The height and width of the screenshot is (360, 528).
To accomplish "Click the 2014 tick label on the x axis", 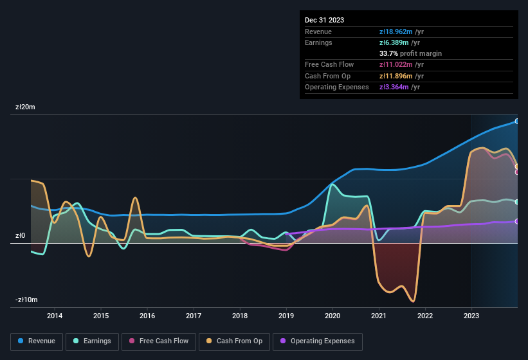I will click(x=55, y=316).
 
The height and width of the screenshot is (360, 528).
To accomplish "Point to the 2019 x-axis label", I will click(x=286, y=316).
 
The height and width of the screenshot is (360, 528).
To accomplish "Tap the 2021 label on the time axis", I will click(x=379, y=316).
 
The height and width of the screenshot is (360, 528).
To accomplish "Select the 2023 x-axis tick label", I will click(x=471, y=316).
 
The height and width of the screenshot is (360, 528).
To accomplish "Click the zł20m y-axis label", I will click(x=25, y=107).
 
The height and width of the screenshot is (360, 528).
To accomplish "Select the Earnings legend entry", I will click(x=93, y=341).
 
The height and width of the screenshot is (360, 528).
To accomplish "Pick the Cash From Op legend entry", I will click(x=235, y=341).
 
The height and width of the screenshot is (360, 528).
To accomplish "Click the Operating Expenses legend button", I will click(x=318, y=341).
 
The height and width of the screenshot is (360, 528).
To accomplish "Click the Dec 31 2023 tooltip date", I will click(x=324, y=20).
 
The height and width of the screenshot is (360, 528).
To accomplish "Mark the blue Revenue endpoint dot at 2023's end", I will click(x=517, y=121).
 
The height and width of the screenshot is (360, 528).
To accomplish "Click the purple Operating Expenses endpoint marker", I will click(x=517, y=221).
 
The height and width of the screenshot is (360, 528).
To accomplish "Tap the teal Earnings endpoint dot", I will click(x=517, y=202).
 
